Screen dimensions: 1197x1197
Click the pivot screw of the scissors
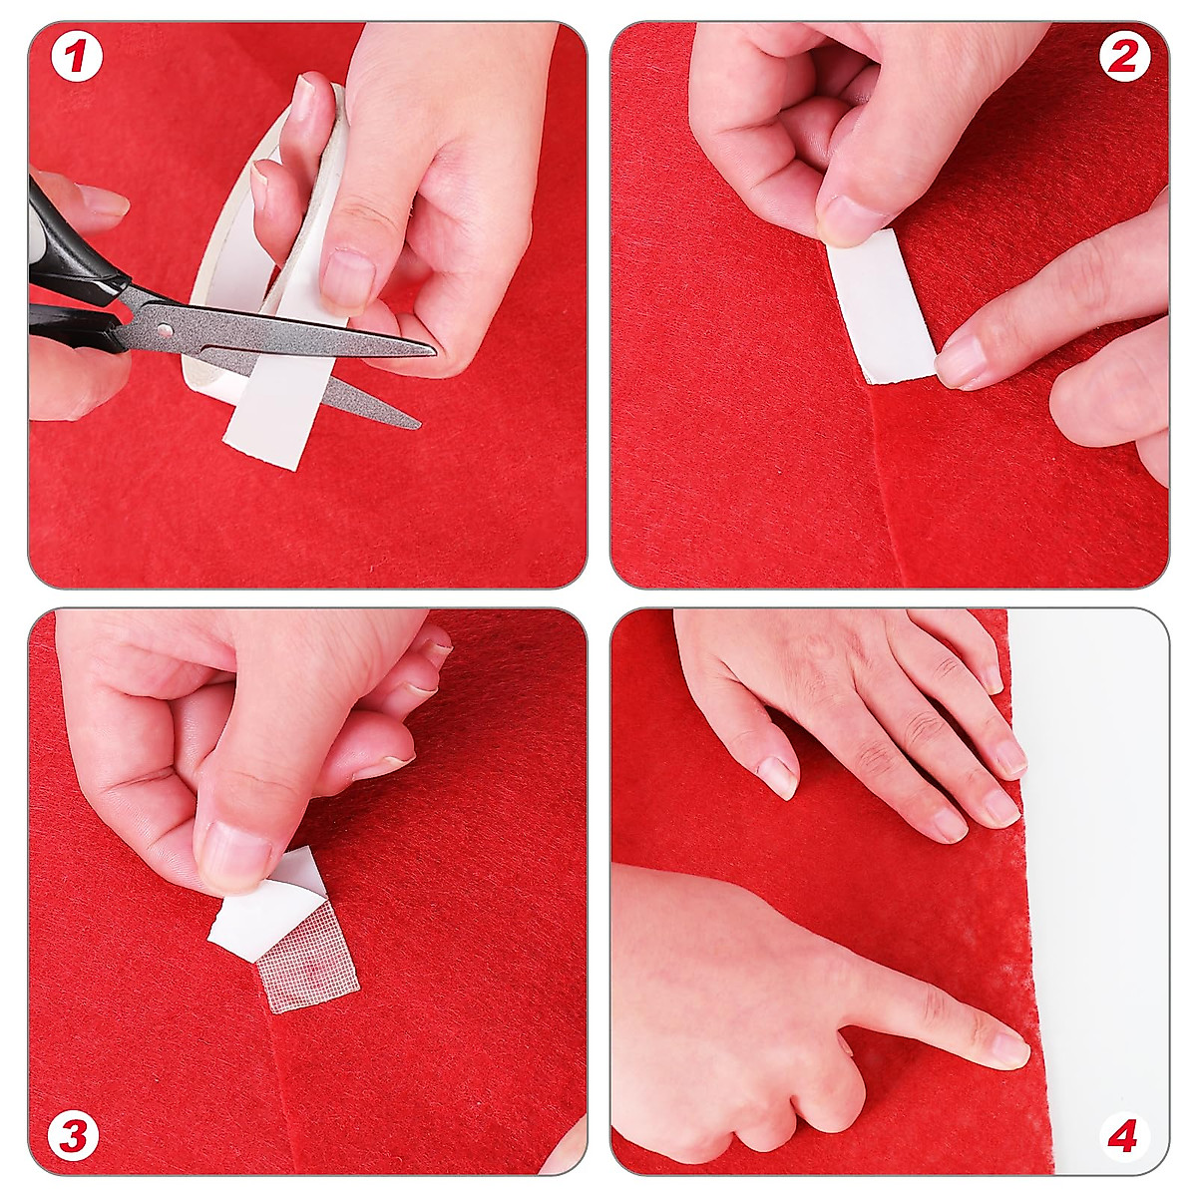point(166,329)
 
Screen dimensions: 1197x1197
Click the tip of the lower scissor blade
point(419,425)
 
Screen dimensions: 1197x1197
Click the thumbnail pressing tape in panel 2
point(852,218)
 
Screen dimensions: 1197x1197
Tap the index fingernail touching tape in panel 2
point(959,362)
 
